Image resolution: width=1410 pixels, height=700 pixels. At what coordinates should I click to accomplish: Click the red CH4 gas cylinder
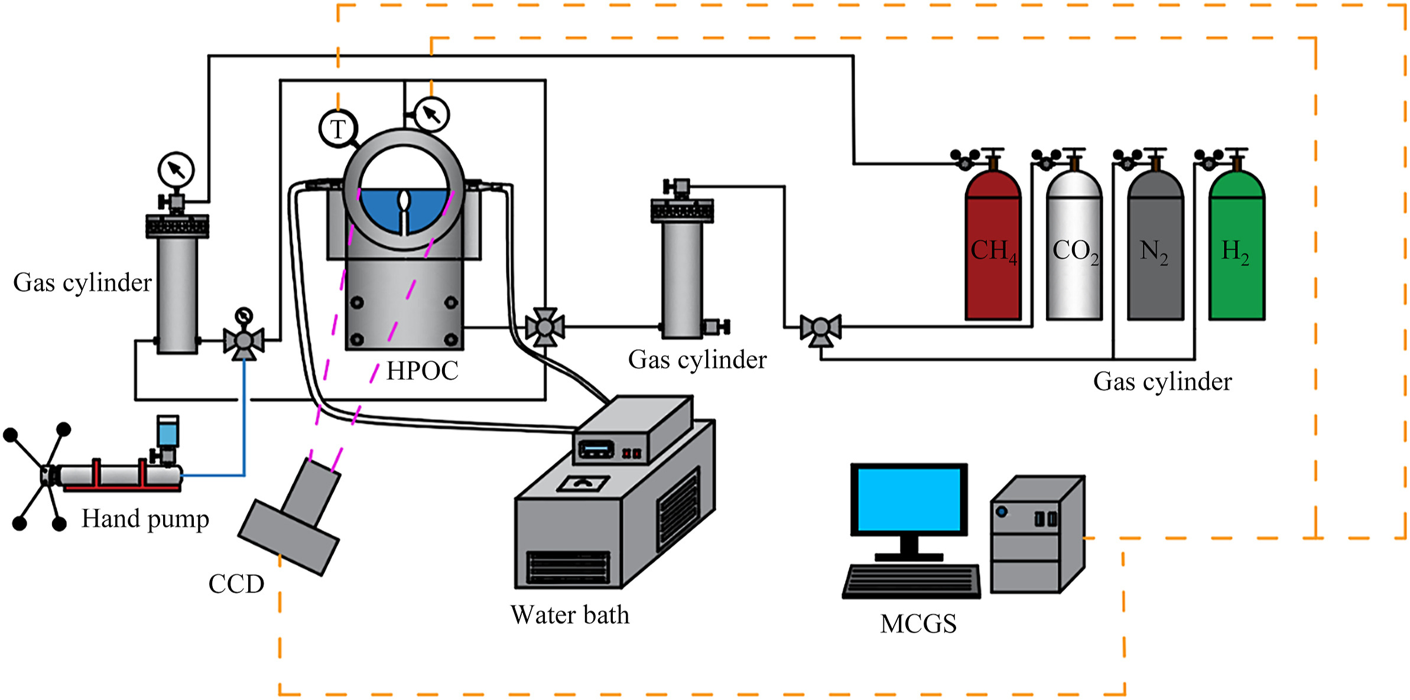click(993, 254)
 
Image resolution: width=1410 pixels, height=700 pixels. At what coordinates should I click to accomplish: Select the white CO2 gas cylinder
click(1074, 254)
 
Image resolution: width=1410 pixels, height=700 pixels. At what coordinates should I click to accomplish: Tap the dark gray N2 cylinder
click(1155, 254)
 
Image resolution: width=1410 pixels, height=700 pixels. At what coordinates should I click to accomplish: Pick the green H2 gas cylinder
click(1236, 254)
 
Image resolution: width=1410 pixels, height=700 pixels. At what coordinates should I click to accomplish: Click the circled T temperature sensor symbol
click(338, 129)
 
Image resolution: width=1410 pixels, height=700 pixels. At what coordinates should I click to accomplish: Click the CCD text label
click(236, 584)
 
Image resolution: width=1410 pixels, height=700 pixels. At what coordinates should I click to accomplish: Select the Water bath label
click(570, 615)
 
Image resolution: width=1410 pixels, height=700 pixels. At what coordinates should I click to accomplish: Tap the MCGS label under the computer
click(918, 624)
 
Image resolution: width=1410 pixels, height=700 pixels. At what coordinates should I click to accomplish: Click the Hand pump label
click(145, 519)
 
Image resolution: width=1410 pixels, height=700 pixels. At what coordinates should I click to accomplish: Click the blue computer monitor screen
click(909, 500)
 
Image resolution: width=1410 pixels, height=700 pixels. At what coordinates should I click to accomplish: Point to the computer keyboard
click(911, 581)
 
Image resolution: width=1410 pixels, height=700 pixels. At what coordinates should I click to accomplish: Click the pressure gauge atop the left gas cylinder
click(176, 170)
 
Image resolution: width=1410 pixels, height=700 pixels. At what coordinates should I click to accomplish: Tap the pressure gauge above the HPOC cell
click(432, 114)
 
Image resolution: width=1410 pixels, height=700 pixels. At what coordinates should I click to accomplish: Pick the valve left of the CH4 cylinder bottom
click(820, 328)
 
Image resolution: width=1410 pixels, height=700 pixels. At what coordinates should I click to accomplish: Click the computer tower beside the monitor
click(1037, 535)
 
